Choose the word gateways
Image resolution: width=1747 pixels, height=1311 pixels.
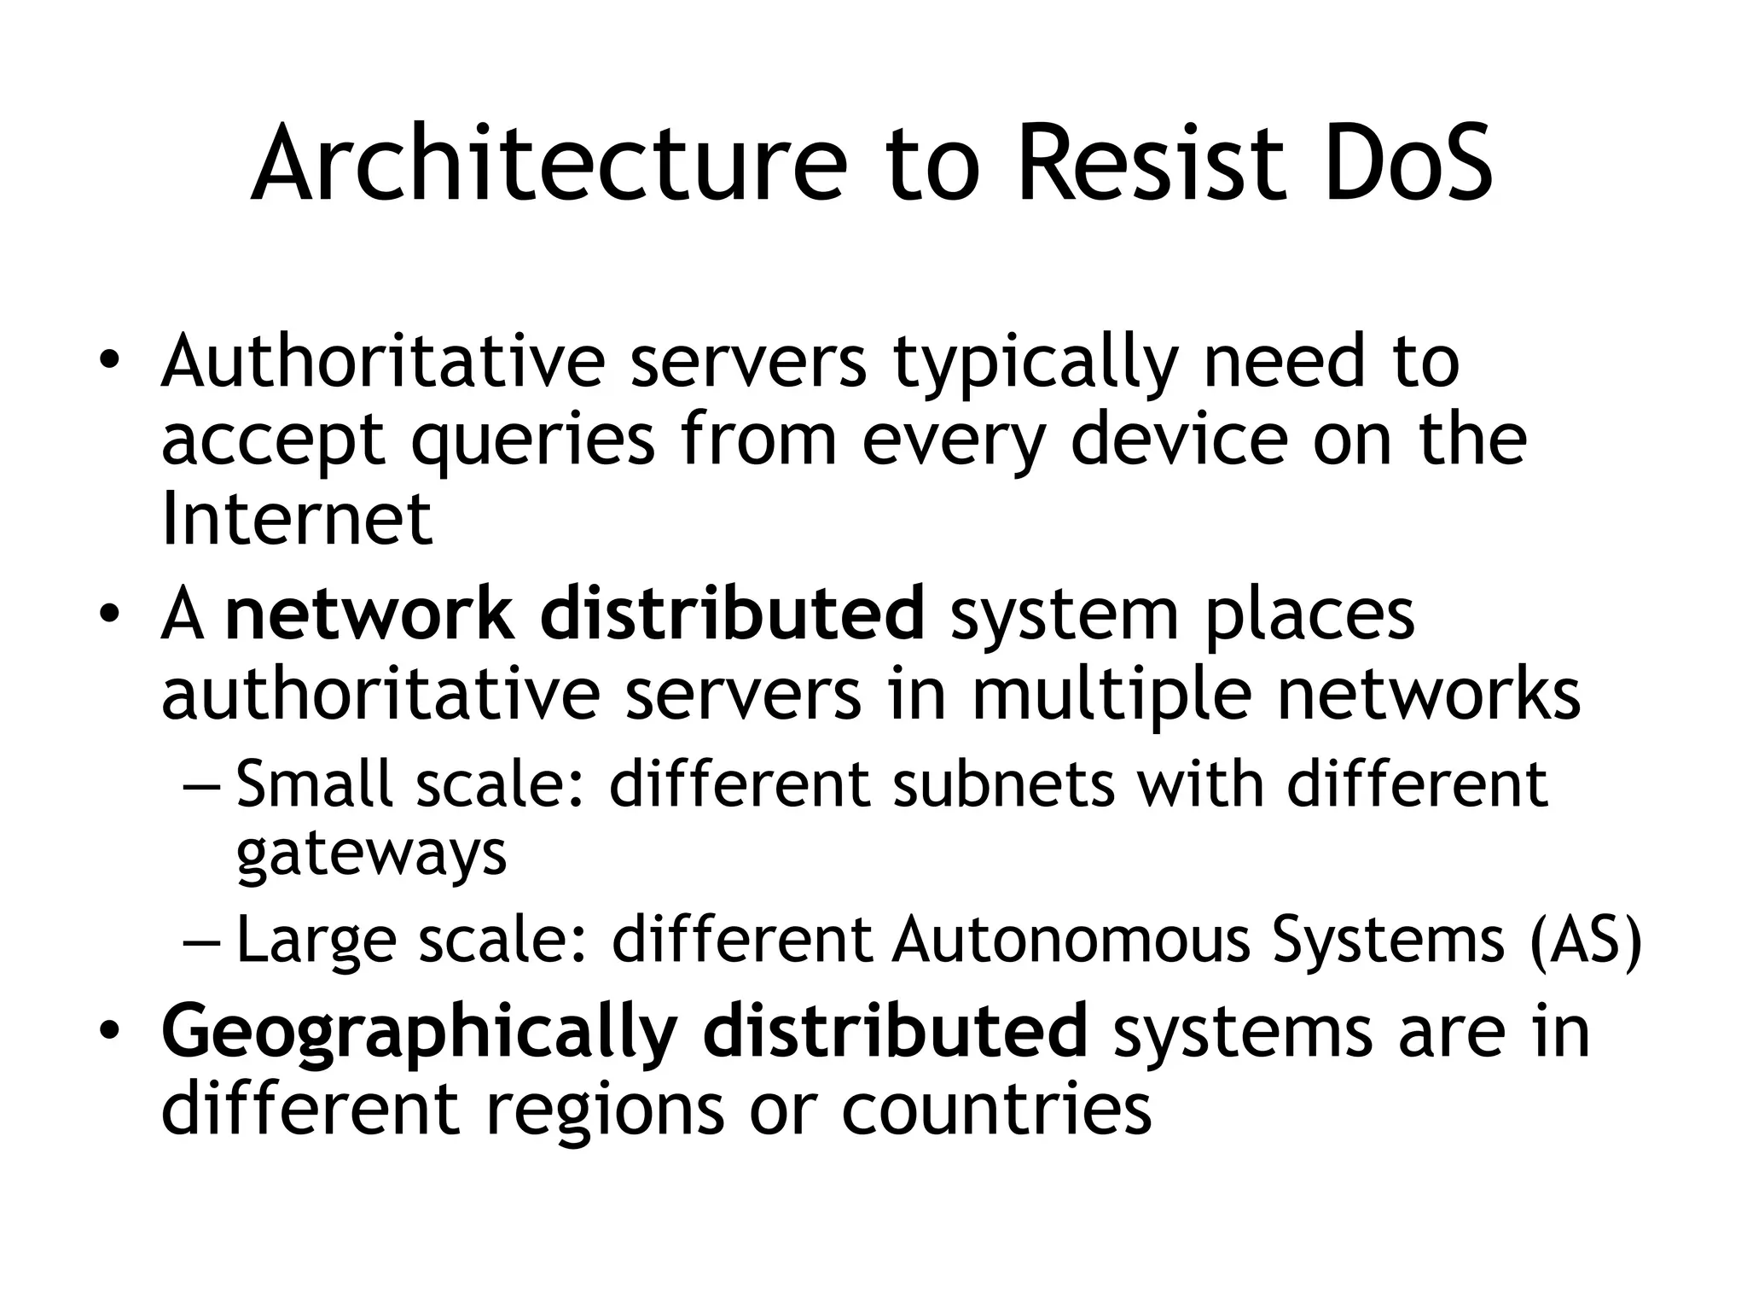[371, 854]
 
